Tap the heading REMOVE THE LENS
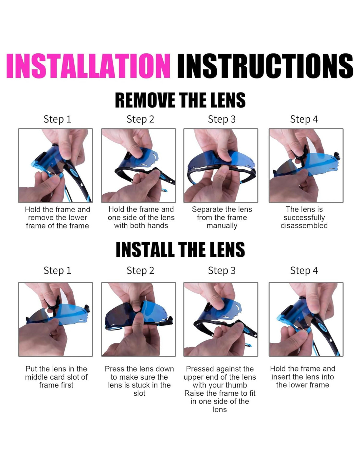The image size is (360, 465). point(180,100)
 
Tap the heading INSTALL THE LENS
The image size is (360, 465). point(180,250)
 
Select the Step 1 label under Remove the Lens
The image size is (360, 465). point(57,119)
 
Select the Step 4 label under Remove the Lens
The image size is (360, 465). point(304,119)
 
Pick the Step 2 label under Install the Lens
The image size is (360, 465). point(140,270)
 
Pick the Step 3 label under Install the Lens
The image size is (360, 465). point(222,270)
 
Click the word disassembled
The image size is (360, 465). point(304,226)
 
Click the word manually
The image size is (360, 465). point(222,226)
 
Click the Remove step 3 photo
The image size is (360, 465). point(221,165)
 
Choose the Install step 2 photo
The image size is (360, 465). point(138,319)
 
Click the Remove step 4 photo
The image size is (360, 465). point(306,165)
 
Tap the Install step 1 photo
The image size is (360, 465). point(55,319)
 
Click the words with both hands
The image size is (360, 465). point(141,226)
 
